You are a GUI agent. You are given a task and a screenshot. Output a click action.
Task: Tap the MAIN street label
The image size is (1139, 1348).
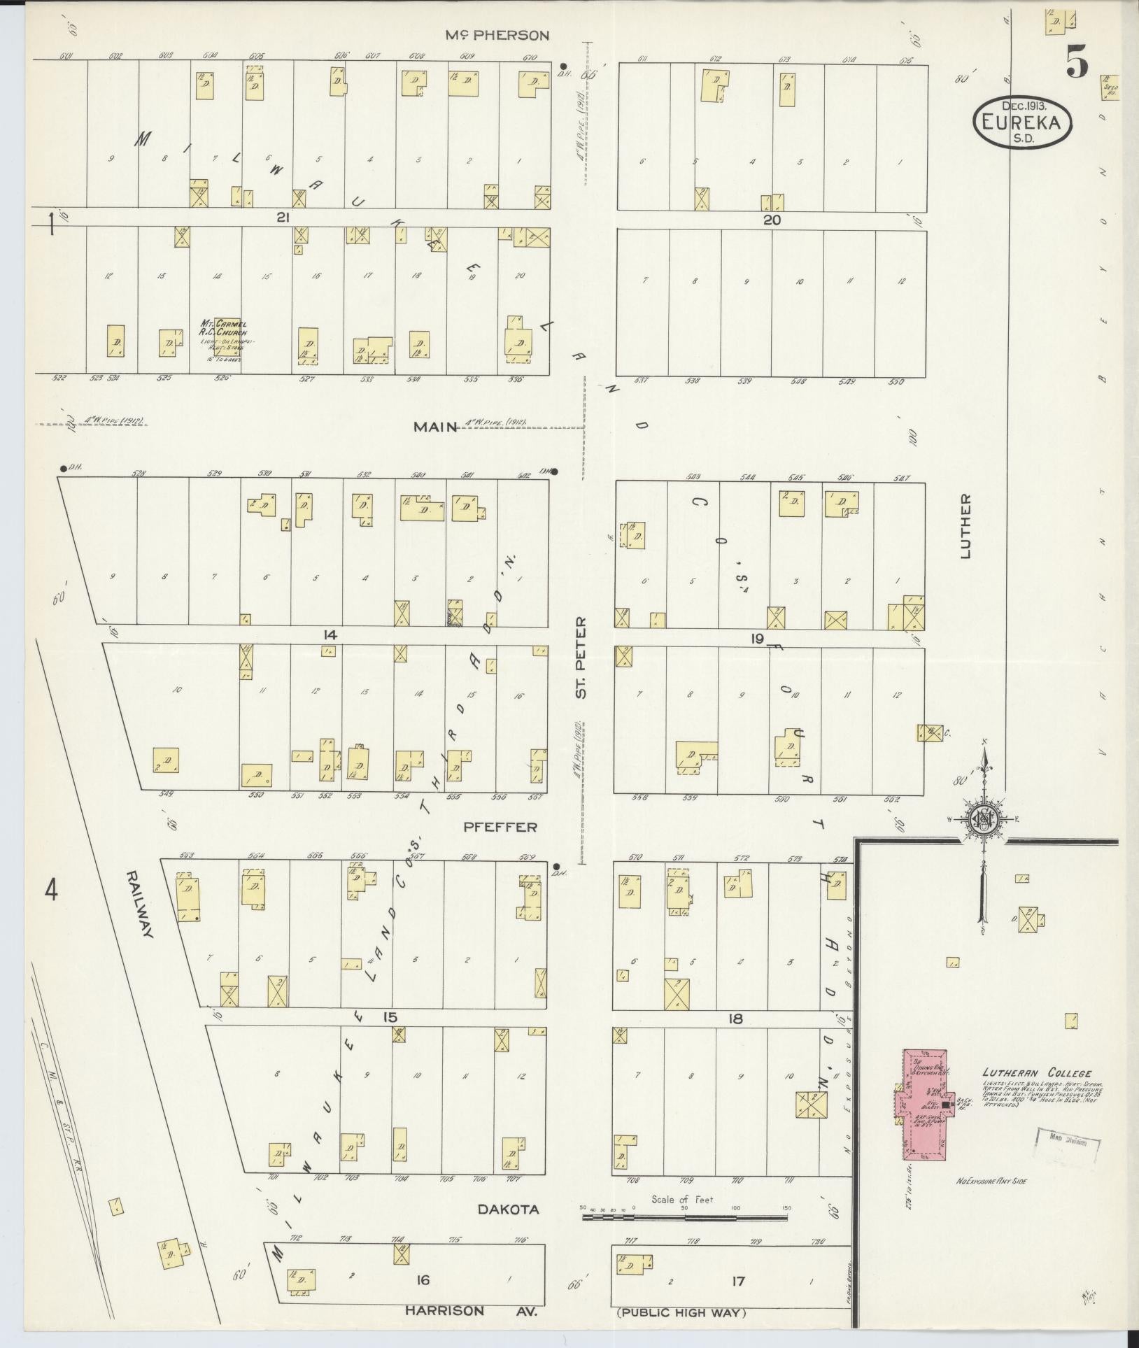coord(434,427)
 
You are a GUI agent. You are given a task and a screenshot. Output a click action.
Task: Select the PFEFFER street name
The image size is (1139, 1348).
coord(500,827)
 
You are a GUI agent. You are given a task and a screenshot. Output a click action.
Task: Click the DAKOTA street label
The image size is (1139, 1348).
coord(509,1209)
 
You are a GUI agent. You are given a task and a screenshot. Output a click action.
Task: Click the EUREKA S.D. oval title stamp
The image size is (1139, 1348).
coord(1022,122)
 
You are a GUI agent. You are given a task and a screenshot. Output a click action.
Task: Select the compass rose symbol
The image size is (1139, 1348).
coord(984,819)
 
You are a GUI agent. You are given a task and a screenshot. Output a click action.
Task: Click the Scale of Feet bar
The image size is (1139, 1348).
coord(684,1217)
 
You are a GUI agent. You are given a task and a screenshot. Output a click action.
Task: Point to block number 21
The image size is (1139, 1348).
coord(282,218)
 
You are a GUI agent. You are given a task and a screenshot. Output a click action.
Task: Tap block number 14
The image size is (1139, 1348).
coord(330,635)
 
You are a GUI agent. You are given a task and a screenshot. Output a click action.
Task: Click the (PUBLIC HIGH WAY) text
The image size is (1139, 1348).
coord(681,1313)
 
